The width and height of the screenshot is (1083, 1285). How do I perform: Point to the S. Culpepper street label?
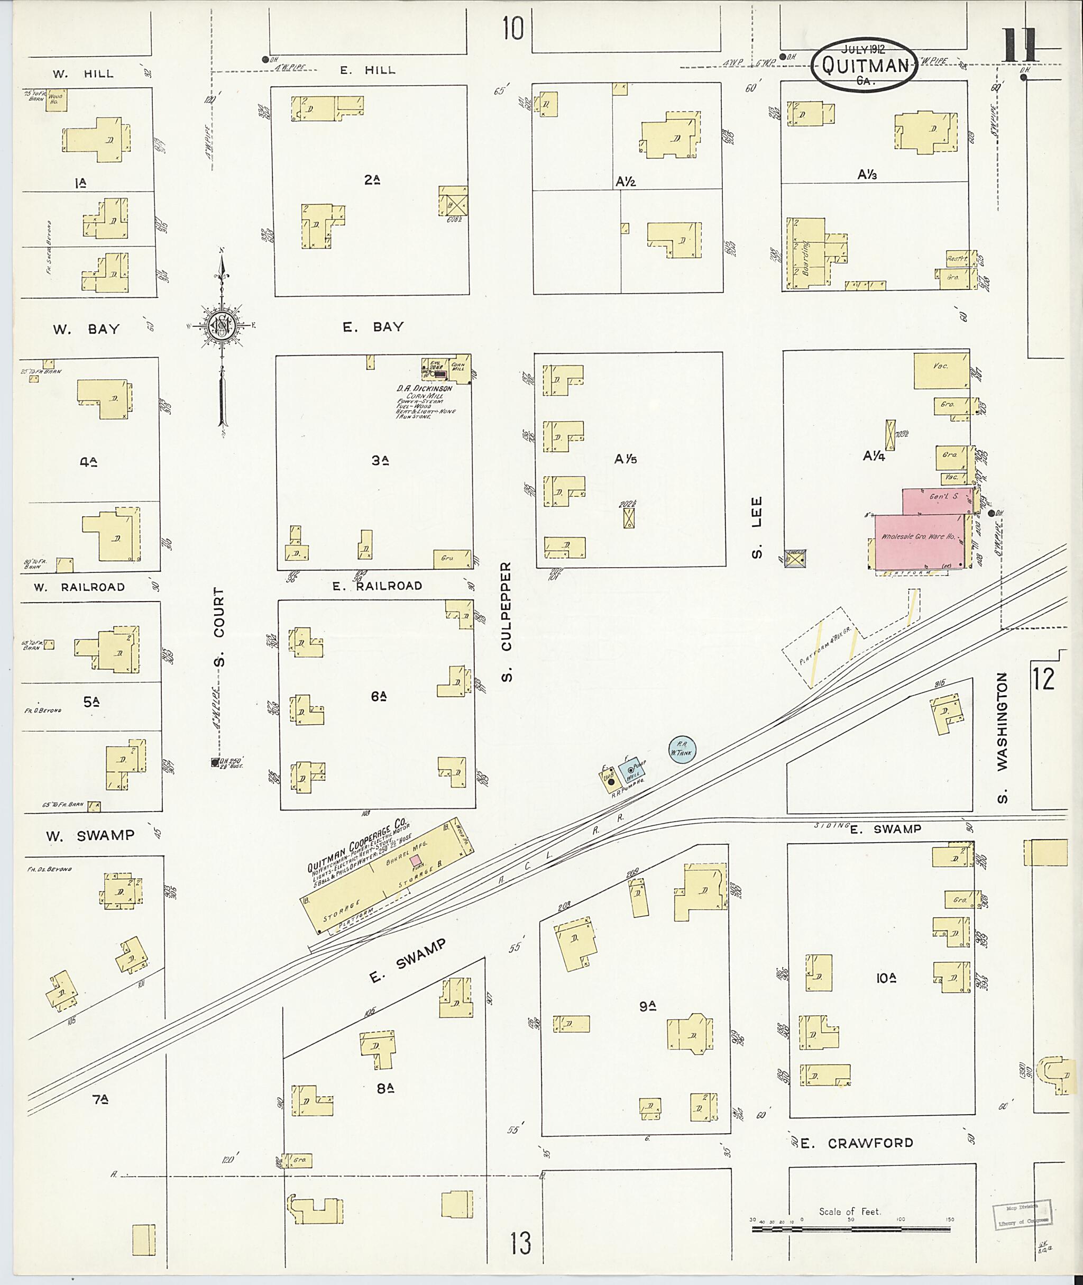tap(506, 622)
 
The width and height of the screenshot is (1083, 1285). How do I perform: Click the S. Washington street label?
tap(1002, 737)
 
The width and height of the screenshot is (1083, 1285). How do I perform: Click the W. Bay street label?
tap(86, 329)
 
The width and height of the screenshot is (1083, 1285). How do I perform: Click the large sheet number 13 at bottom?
tap(519, 1244)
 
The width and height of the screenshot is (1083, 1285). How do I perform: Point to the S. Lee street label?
tap(757, 537)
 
